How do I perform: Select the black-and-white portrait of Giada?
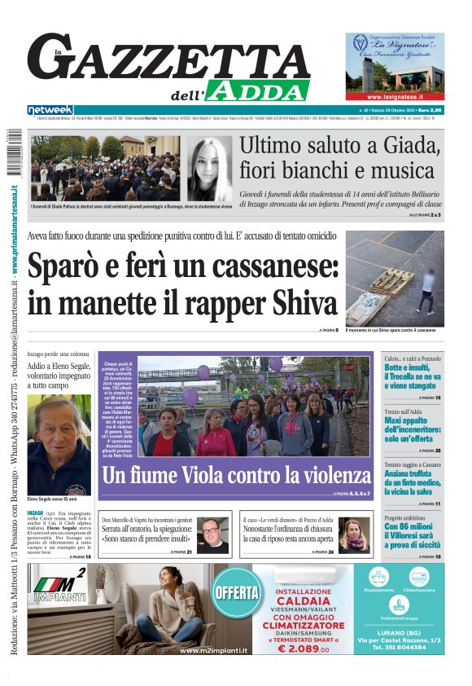coord(210,169)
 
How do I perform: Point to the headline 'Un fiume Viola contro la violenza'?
coord(236,474)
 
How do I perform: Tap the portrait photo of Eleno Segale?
coord(59,444)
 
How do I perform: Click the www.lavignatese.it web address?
coord(394,95)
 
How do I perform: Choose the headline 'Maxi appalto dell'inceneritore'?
coord(413,424)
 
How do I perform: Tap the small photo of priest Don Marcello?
coord(213,535)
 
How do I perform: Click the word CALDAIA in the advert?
coord(303,599)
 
